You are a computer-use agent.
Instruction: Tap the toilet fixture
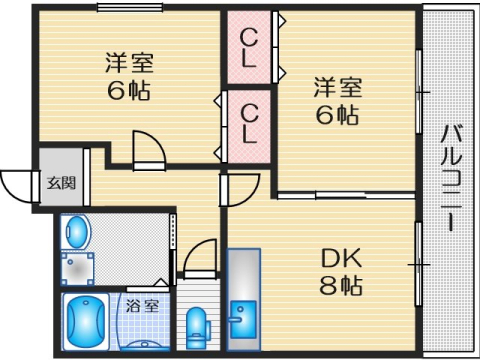pos(198,326)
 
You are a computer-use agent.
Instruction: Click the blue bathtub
pos(85,322)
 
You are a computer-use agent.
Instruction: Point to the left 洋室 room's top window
pos(129,8)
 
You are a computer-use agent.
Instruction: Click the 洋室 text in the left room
pos(129,60)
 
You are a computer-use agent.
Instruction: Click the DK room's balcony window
pos(418,263)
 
